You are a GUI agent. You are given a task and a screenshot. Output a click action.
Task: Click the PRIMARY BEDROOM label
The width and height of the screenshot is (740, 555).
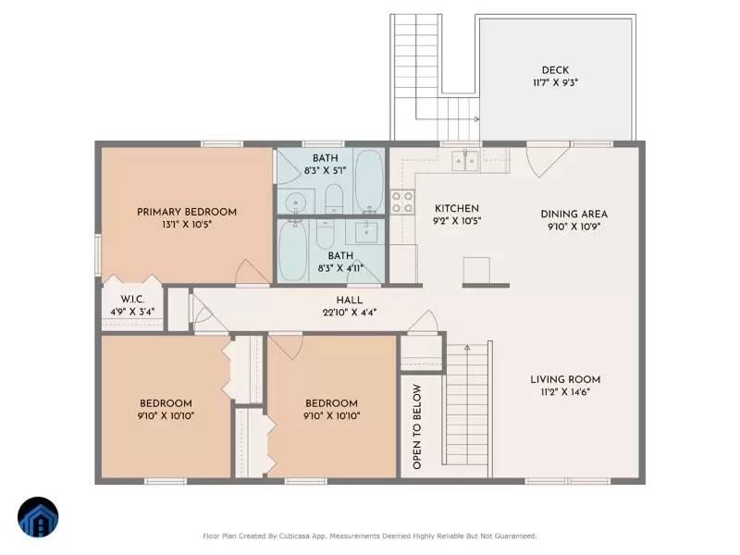pyautogui.click(x=187, y=212)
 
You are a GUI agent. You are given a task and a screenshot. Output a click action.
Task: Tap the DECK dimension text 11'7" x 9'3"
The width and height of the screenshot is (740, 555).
pyautogui.click(x=555, y=83)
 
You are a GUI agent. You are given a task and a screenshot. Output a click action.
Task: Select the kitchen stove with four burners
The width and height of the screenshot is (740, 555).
pyautogui.click(x=402, y=202)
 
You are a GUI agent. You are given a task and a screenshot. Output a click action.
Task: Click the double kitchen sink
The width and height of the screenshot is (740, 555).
pyautogui.click(x=465, y=162)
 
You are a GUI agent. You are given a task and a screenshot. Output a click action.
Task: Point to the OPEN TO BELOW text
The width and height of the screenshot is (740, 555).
pyautogui.click(x=417, y=426)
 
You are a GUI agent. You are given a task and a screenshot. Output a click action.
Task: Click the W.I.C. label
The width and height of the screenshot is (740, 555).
pyautogui.click(x=132, y=300)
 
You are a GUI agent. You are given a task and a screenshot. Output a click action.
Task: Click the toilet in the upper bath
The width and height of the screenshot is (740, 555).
pyautogui.click(x=335, y=197)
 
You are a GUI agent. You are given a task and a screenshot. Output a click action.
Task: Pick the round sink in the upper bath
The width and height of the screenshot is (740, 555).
pyautogui.click(x=295, y=202)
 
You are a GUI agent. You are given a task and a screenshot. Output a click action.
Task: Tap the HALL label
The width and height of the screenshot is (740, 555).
pyautogui.click(x=350, y=300)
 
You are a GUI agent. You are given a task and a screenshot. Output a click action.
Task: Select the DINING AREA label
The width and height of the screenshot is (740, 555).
pyautogui.click(x=573, y=214)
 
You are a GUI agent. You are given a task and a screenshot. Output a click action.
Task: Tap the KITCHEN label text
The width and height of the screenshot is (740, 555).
pyautogui.click(x=457, y=208)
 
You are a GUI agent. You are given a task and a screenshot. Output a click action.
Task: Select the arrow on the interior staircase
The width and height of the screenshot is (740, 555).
pyautogui.click(x=467, y=348)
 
